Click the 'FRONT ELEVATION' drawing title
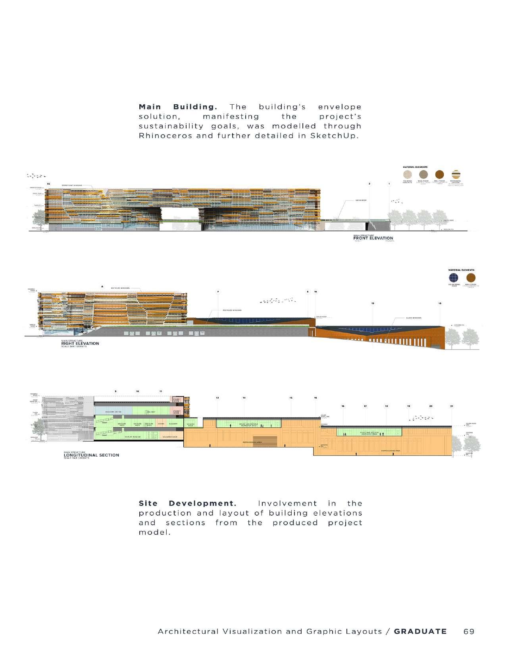click(x=373, y=238)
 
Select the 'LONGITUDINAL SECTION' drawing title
click(x=91, y=455)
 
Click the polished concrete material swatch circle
click(x=408, y=174)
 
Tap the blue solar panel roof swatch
click(x=453, y=277)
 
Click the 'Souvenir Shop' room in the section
click(x=172, y=437)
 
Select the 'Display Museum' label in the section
click(x=133, y=437)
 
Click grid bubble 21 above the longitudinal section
click(x=452, y=406)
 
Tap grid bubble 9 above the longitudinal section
click(x=115, y=391)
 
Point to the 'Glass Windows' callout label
click(x=414, y=318)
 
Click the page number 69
click(x=469, y=631)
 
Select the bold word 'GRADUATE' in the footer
click(x=420, y=631)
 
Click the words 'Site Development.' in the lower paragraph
click(x=187, y=503)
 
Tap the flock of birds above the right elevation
click(x=278, y=301)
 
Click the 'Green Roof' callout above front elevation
click(x=361, y=200)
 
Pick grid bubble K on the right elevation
click(x=308, y=292)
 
